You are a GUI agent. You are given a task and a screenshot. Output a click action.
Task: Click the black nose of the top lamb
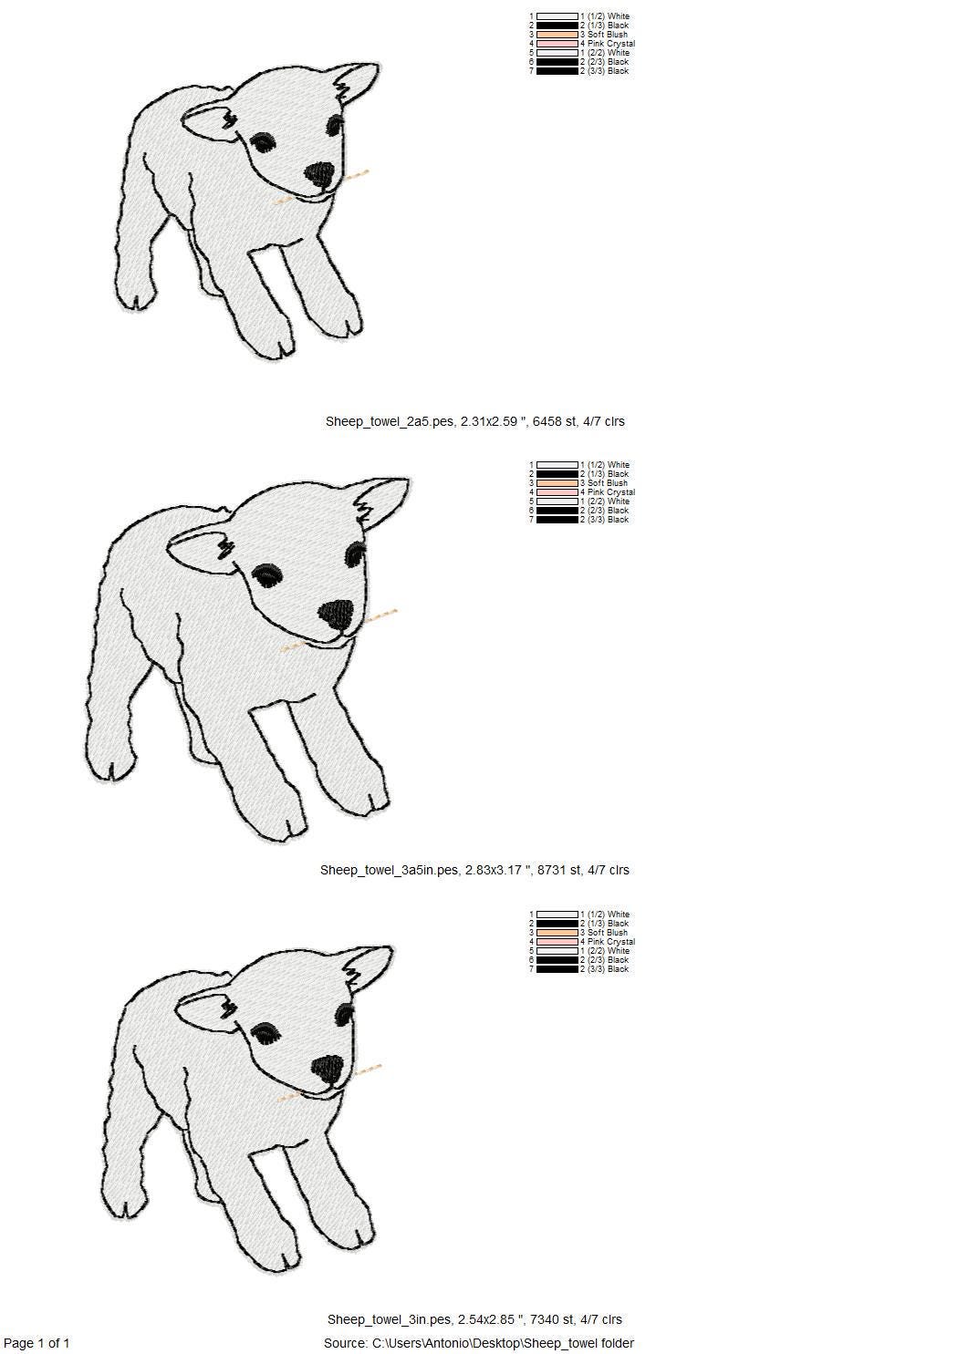tap(318, 174)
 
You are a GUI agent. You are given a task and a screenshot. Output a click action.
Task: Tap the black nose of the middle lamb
tap(337, 615)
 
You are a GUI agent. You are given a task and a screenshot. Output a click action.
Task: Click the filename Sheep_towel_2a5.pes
tap(390, 422)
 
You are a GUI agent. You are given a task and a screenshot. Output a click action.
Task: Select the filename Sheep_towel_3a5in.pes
tap(389, 871)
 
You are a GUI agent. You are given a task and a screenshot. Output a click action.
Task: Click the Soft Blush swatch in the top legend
tap(557, 35)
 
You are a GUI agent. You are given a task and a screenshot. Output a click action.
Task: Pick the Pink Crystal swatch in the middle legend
tap(557, 492)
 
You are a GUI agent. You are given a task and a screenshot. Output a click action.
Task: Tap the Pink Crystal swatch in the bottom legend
tap(557, 942)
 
